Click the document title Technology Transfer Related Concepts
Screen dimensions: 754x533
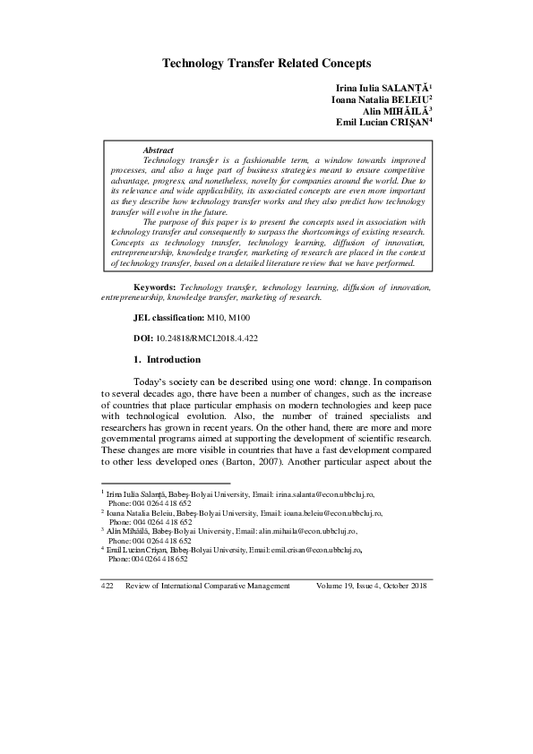coord(266,64)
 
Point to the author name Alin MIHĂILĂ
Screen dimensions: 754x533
coord(395,111)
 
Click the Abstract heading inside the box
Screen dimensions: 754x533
coord(158,150)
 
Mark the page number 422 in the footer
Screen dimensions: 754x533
coord(106,585)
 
